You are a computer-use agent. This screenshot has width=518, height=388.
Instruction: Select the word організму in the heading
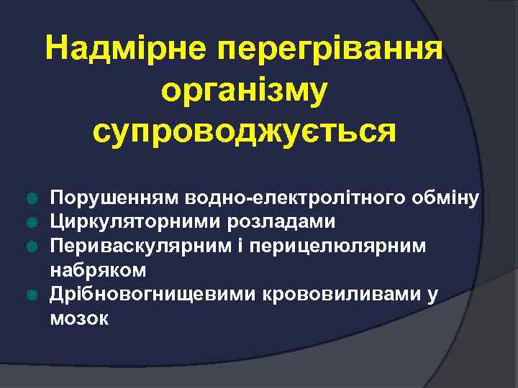[245, 91]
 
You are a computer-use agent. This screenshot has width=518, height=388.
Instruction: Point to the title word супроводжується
[245, 131]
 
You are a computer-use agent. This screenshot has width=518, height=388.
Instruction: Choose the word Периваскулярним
[138, 247]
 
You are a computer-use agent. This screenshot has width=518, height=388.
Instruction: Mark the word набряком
[98, 271]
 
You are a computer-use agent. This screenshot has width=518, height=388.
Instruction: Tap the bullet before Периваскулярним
[31, 247]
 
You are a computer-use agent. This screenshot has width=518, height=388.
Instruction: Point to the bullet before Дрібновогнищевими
[31, 295]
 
